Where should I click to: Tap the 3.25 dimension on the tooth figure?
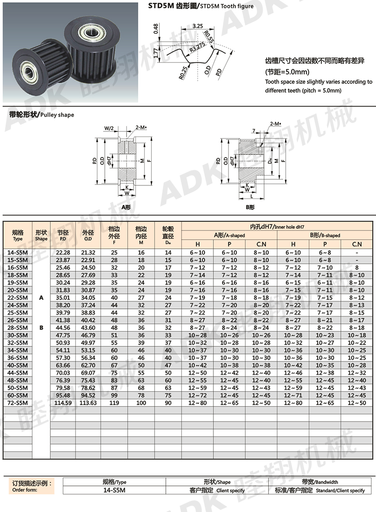click(197, 27)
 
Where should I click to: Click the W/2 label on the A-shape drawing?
click(109, 128)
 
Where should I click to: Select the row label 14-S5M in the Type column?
click(18, 252)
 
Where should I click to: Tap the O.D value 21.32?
click(88, 252)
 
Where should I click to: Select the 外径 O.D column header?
click(88, 235)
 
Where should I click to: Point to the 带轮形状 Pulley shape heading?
click(41, 115)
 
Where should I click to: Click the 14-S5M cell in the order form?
click(114, 490)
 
